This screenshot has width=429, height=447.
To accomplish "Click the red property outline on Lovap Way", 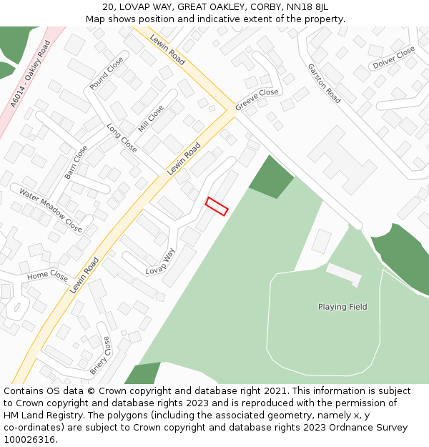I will (x=217, y=206).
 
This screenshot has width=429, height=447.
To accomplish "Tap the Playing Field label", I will (x=342, y=307).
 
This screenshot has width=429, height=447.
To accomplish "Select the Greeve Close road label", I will (x=257, y=99).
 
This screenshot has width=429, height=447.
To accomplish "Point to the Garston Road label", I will (x=324, y=82).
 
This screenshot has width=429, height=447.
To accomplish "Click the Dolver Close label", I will (x=393, y=58).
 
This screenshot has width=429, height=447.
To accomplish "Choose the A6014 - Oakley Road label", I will (x=31, y=74).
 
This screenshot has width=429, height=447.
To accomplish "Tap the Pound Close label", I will (x=107, y=74).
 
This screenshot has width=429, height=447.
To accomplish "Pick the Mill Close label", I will (x=151, y=119).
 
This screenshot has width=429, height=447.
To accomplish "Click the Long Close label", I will (x=122, y=138).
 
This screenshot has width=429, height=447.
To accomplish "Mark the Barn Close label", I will (x=76, y=162).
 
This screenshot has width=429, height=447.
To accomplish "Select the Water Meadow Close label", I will (x=51, y=210).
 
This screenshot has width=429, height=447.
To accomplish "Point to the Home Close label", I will (x=48, y=276).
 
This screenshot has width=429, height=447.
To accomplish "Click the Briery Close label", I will (x=100, y=355).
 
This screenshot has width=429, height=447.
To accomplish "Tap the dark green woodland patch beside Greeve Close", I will (x=270, y=176).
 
